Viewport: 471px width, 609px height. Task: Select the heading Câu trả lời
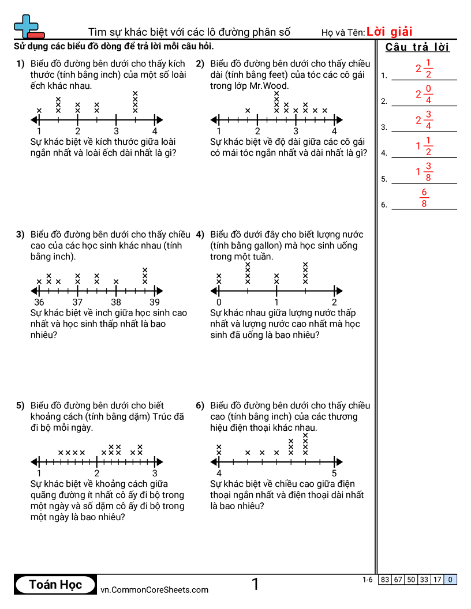click(x=417, y=47)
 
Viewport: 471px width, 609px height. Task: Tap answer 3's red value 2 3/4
click(x=424, y=121)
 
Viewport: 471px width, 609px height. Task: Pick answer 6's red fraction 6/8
click(x=424, y=198)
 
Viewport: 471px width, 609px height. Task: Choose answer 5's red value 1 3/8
click(x=424, y=172)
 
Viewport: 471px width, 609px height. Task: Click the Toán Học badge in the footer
click(x=55, y=584)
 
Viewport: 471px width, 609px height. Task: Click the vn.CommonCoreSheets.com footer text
click(x=154, y=589)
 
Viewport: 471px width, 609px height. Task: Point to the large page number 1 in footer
click(x=255, y=584)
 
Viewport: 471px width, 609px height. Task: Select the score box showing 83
click(x=385, y=580)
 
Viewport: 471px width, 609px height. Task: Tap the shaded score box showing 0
click(x=451, y=580)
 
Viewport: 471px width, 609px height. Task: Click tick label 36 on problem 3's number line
click(x=39, y=302)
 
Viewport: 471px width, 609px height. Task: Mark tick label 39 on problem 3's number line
click(x=155, y=302)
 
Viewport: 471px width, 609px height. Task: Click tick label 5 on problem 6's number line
click(x=335, y=473)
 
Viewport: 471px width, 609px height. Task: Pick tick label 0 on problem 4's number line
click(x=219, y=303)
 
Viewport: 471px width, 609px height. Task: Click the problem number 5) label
click(x=20, y=406)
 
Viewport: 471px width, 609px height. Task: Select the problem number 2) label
click(x=200, y=64)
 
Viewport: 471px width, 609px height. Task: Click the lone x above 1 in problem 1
click(x=39, y=111)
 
